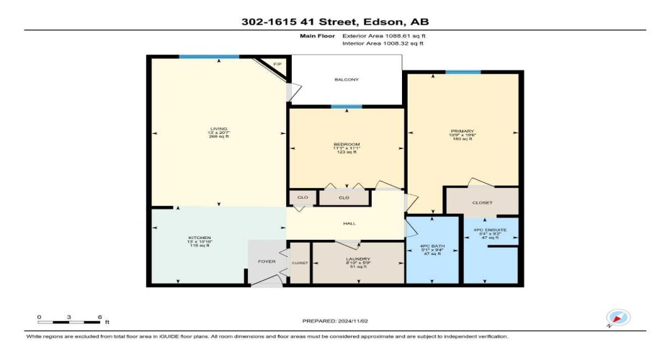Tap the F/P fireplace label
pos(277,65)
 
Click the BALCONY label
pos(347,79)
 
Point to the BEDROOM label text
pos(346,145)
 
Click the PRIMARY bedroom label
pos(462,131)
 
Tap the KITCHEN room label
pos(199,237)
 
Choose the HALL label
pos(349,223)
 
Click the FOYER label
pos(267,261)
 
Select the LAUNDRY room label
pos(357,258)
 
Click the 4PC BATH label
pos(433,246)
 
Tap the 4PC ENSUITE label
pos(490,230)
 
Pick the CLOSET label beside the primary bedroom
pos(482,203)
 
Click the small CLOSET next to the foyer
pos(300,263)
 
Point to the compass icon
pos(618,318)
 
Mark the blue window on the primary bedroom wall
pos(463,72)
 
